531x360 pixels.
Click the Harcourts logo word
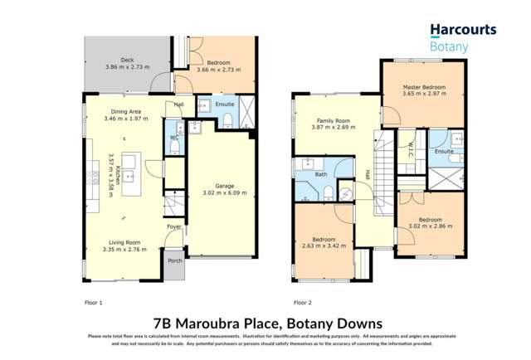pos(463,30)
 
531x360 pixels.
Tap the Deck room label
pos(127,60)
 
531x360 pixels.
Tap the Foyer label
pos(174,226)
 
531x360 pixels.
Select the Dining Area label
pos(129,110)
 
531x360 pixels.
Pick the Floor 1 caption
pos(94,302)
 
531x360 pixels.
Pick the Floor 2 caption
pos(303,302)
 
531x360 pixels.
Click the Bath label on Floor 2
pos(320,174)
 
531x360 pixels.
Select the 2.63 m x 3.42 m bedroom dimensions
pos(321,243)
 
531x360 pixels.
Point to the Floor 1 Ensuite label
pos(225,105)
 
